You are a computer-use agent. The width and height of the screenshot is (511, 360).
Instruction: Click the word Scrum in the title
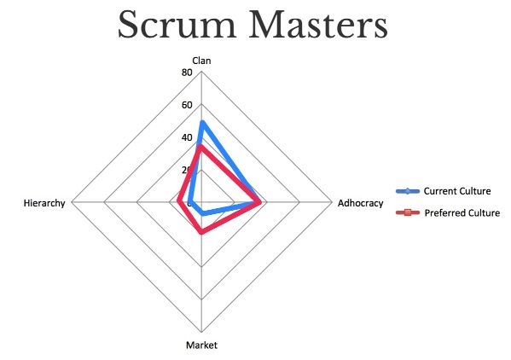pos(177,25)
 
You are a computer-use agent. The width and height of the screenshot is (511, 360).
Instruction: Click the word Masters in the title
pos(318,25)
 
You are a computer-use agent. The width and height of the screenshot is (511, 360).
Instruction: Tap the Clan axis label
pos(201,61)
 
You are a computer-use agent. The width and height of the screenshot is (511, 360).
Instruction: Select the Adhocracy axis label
pos(361,203)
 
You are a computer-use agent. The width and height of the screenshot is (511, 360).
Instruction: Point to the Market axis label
pos(201,345)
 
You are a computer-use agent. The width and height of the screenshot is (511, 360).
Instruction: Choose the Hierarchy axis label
pos(44,203)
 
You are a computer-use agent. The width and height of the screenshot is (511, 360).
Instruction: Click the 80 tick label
pos(187,73)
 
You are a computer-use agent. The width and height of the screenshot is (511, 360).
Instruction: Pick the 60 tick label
pos(187,105)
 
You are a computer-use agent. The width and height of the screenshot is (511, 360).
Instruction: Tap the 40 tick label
pos(187,137)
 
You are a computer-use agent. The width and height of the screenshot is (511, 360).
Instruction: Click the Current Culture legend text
pos(457,191)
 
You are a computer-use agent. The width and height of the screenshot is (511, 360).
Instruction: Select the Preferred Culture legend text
pos(462,213)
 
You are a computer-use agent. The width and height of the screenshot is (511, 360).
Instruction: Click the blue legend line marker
pos(408,191)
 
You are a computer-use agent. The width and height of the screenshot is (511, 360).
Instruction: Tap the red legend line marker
pos(408,212)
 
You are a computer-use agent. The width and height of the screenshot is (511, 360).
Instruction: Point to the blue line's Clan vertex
pos(202,123)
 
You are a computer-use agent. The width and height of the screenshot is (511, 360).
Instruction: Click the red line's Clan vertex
pos(201,147)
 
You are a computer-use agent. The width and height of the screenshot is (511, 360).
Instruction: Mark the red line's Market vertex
pos(202,232)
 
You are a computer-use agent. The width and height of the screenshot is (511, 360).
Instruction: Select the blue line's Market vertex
pos(203,213)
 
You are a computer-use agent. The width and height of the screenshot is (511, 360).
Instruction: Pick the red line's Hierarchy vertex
pos(179,201)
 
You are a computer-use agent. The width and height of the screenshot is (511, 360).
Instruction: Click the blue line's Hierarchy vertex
pos(190,203)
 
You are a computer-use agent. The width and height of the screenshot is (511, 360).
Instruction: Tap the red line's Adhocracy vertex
pos(259,202)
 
